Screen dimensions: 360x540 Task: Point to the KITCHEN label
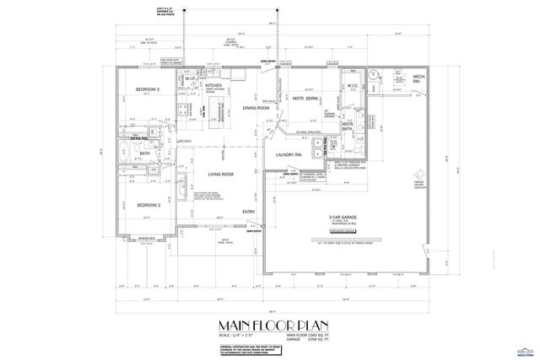pyautogui.click(x=213, y=86)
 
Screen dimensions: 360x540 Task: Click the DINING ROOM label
pyautogui.click(x=255, y=108)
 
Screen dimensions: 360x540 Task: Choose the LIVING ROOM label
pyautogui.click(x=221, y=174)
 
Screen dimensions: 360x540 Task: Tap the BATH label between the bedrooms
pyautogui.click(x=144, y=153)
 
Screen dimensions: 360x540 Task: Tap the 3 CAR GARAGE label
pyautogui.click(x=342, y=217)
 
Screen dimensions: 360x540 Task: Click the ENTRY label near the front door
pyautogui.click(x=249, y=212)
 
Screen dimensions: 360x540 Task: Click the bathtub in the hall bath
pyautogui.click(x=123, y=153)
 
